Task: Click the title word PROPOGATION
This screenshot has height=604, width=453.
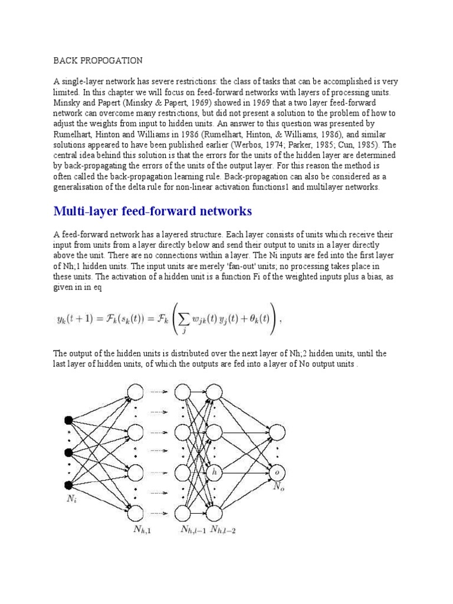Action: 111,60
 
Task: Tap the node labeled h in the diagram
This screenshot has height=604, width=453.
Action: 215,472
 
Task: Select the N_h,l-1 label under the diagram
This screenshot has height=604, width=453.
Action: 193,530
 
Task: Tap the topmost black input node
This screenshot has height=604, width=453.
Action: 68,420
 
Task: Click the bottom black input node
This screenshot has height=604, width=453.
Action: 68,485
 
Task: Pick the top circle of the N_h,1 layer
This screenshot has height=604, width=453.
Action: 136,391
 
